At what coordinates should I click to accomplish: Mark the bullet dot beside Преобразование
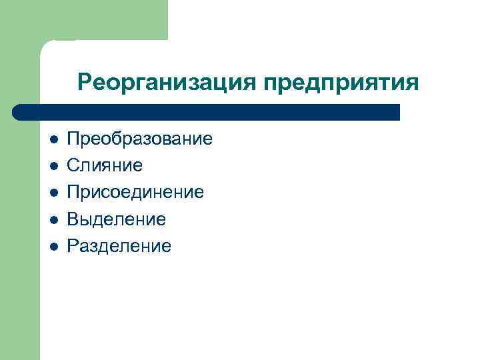[x=54, y=139]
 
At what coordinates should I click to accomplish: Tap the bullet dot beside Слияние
[x=54, y=166]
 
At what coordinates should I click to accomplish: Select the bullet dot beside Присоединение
[x=54, y=193]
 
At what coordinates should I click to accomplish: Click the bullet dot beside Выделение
[x=54, y=219]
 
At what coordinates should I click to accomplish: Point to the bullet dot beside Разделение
[x=54, y=247]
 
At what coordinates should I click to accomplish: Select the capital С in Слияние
[x=73, y=165]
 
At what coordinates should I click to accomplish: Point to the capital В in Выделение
[x=73, y=219]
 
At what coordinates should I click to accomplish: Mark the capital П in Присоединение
[x=73, y=192]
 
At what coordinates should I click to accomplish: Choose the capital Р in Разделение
[x=73, y=246]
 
